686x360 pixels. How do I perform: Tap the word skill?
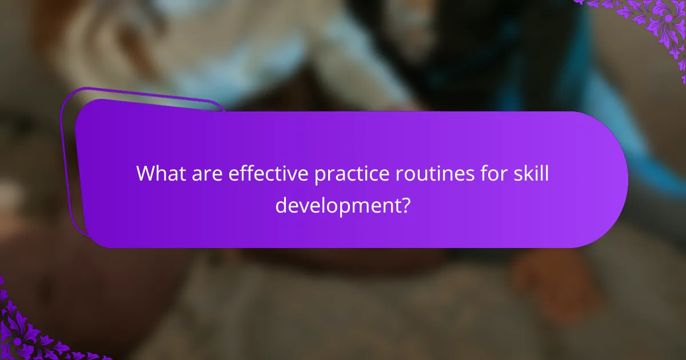point(531,174)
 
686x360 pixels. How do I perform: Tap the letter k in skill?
point(526,174)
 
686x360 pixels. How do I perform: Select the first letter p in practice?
point(320,176)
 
